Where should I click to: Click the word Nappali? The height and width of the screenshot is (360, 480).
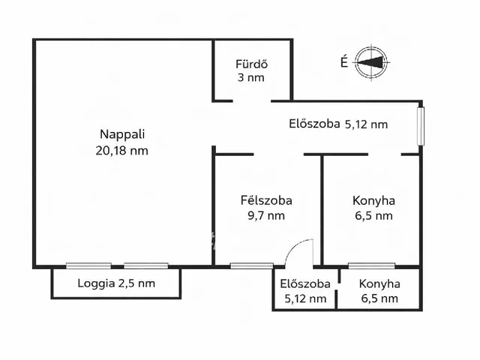[122, 135]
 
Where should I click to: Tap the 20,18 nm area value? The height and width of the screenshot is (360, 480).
[122, 150]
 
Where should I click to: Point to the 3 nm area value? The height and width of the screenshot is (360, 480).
[251, 77]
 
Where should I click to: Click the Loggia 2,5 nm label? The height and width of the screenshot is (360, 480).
[116, 283]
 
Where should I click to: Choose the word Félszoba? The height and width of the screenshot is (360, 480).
[266, 200]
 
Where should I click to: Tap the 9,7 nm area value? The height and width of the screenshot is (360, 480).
[266, 216]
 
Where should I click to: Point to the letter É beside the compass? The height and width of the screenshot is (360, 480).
[343, 63]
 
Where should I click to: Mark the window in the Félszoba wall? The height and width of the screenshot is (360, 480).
[241, 265]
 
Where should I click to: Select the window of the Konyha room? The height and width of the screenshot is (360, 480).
[372, 265]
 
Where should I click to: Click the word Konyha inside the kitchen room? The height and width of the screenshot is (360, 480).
[373, 200]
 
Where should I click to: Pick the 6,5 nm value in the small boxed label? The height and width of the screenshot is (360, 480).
[379, 298]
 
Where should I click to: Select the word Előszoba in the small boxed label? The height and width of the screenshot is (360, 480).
[305, 284]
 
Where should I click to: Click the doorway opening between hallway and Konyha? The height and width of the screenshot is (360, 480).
[384, 154]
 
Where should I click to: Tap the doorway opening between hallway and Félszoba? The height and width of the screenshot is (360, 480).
[279, 154]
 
